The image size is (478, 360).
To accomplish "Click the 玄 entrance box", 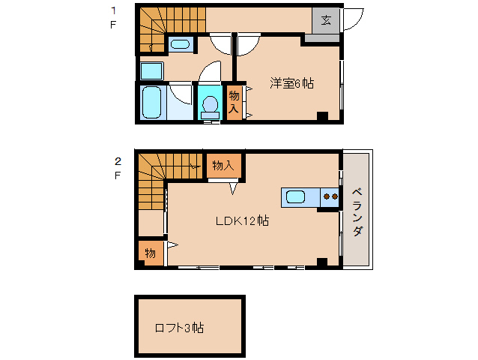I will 326,20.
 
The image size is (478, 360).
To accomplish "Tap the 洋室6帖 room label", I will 291,83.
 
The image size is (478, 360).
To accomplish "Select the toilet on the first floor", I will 209,105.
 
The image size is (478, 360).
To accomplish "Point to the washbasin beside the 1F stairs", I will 180,43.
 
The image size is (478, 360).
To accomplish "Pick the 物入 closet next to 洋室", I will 234,101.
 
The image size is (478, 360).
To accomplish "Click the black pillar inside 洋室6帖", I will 322,116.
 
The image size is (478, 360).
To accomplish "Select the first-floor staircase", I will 160,28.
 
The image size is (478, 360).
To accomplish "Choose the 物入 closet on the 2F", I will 223,165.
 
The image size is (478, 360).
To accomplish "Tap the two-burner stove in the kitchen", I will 329,197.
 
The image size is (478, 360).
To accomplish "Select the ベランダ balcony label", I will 357,210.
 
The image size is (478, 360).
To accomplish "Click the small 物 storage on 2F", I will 150,253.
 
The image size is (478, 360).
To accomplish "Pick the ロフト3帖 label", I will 179,328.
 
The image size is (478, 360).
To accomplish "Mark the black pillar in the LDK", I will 322,262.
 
